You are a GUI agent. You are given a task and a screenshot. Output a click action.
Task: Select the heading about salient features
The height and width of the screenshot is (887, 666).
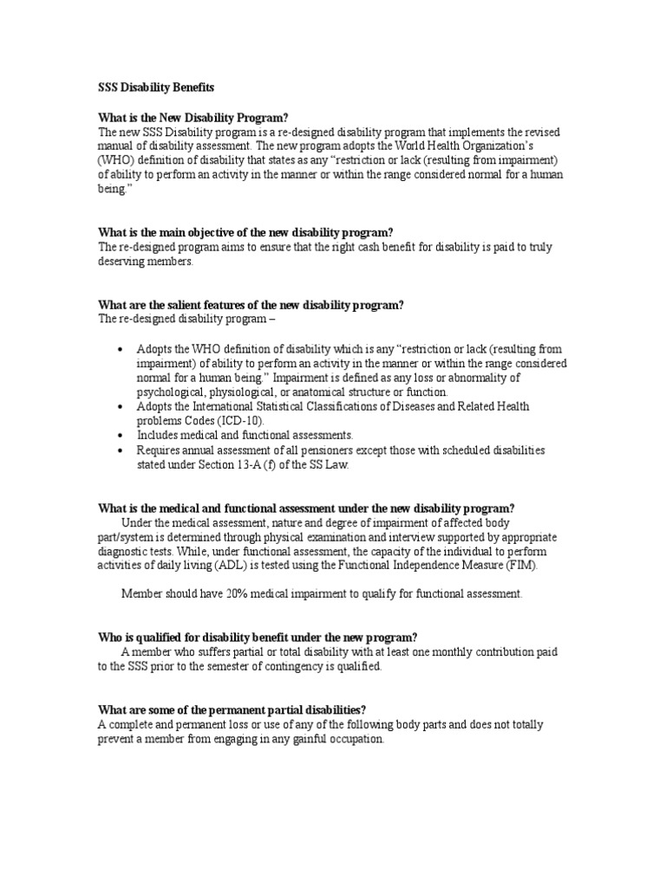pos(251,305)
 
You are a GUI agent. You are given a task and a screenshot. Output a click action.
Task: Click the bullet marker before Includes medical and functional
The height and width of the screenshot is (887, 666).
pos(120,435)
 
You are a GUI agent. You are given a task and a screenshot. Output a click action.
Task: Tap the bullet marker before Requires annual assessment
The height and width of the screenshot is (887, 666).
pos(120,450)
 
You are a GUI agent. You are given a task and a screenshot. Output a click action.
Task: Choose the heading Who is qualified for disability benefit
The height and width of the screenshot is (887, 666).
pos(257,637)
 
